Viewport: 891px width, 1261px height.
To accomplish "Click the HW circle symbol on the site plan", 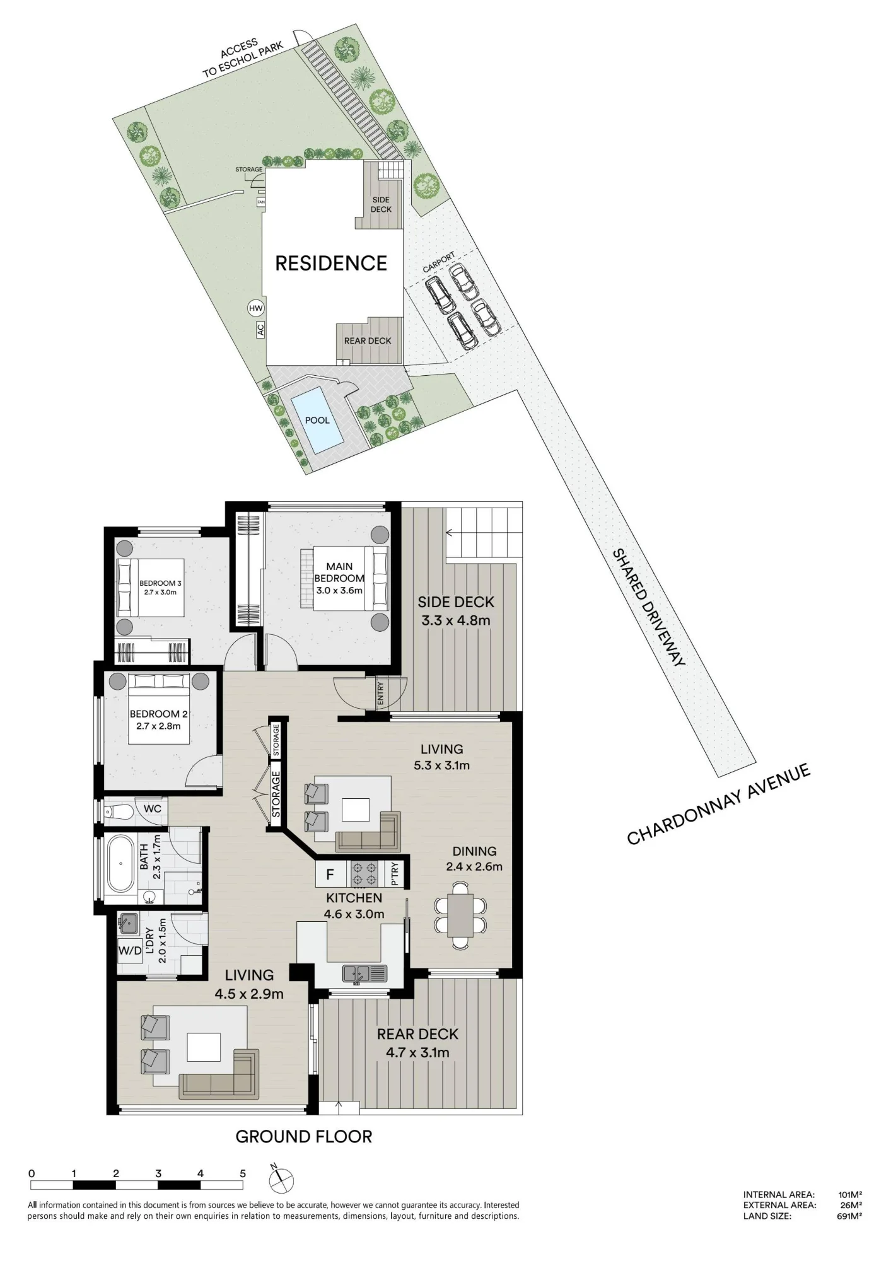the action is [x=255, y=308].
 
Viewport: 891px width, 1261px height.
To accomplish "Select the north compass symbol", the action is [x=281, y=1179].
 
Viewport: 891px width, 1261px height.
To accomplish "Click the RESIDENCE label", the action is [x=331, y=263].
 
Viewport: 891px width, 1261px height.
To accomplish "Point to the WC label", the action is [x=153, y=808].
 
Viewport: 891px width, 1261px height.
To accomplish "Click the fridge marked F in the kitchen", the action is [x=330, y=875].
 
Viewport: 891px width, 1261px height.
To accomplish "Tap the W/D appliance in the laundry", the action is [x=130, y=950].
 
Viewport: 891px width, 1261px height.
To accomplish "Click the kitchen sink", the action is [x=364, y=973].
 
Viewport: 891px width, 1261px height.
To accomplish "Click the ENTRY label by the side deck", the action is [x=380, y=694].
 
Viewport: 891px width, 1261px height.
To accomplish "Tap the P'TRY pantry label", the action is [x=394, y=874].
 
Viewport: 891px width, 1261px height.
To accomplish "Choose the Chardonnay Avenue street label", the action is [x=718, y=804].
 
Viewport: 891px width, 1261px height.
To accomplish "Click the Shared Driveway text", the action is [x=649, y=607].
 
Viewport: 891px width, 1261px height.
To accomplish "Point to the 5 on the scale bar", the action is [x=243, y=1174].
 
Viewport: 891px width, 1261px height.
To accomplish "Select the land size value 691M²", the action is [x=849, y=1216].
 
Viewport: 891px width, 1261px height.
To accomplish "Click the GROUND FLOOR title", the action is [x=304, y=1136].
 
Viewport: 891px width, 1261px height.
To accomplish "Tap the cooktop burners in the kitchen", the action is [x=364, y=874].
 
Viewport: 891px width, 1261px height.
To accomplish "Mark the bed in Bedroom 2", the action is [x=159, y=709].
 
